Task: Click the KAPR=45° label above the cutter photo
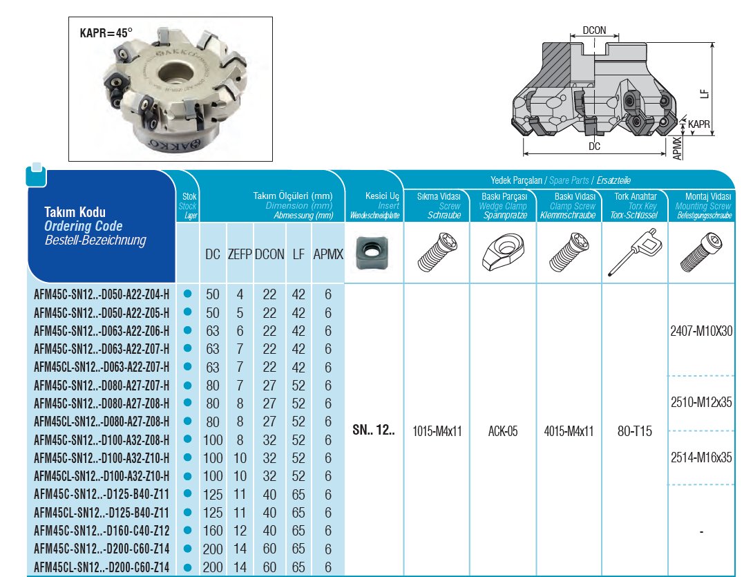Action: click(x=105, y=32)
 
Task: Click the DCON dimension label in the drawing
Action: click(x=594, y=31)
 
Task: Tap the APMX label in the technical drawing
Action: click(x=678, y=148)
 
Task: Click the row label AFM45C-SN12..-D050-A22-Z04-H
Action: click(x=102, y=295)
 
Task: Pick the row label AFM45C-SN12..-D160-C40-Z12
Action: click(x=102, y=531)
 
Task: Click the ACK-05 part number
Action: click(x=503, y=432)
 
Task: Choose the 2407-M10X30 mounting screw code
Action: click(x=701, y=331)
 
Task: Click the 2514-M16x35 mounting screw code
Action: click(x=701, y=457)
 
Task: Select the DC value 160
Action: click(x=213, y=531)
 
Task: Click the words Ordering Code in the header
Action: click(x=84, y=226)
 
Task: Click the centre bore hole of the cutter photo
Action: click(x=169, y=77)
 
